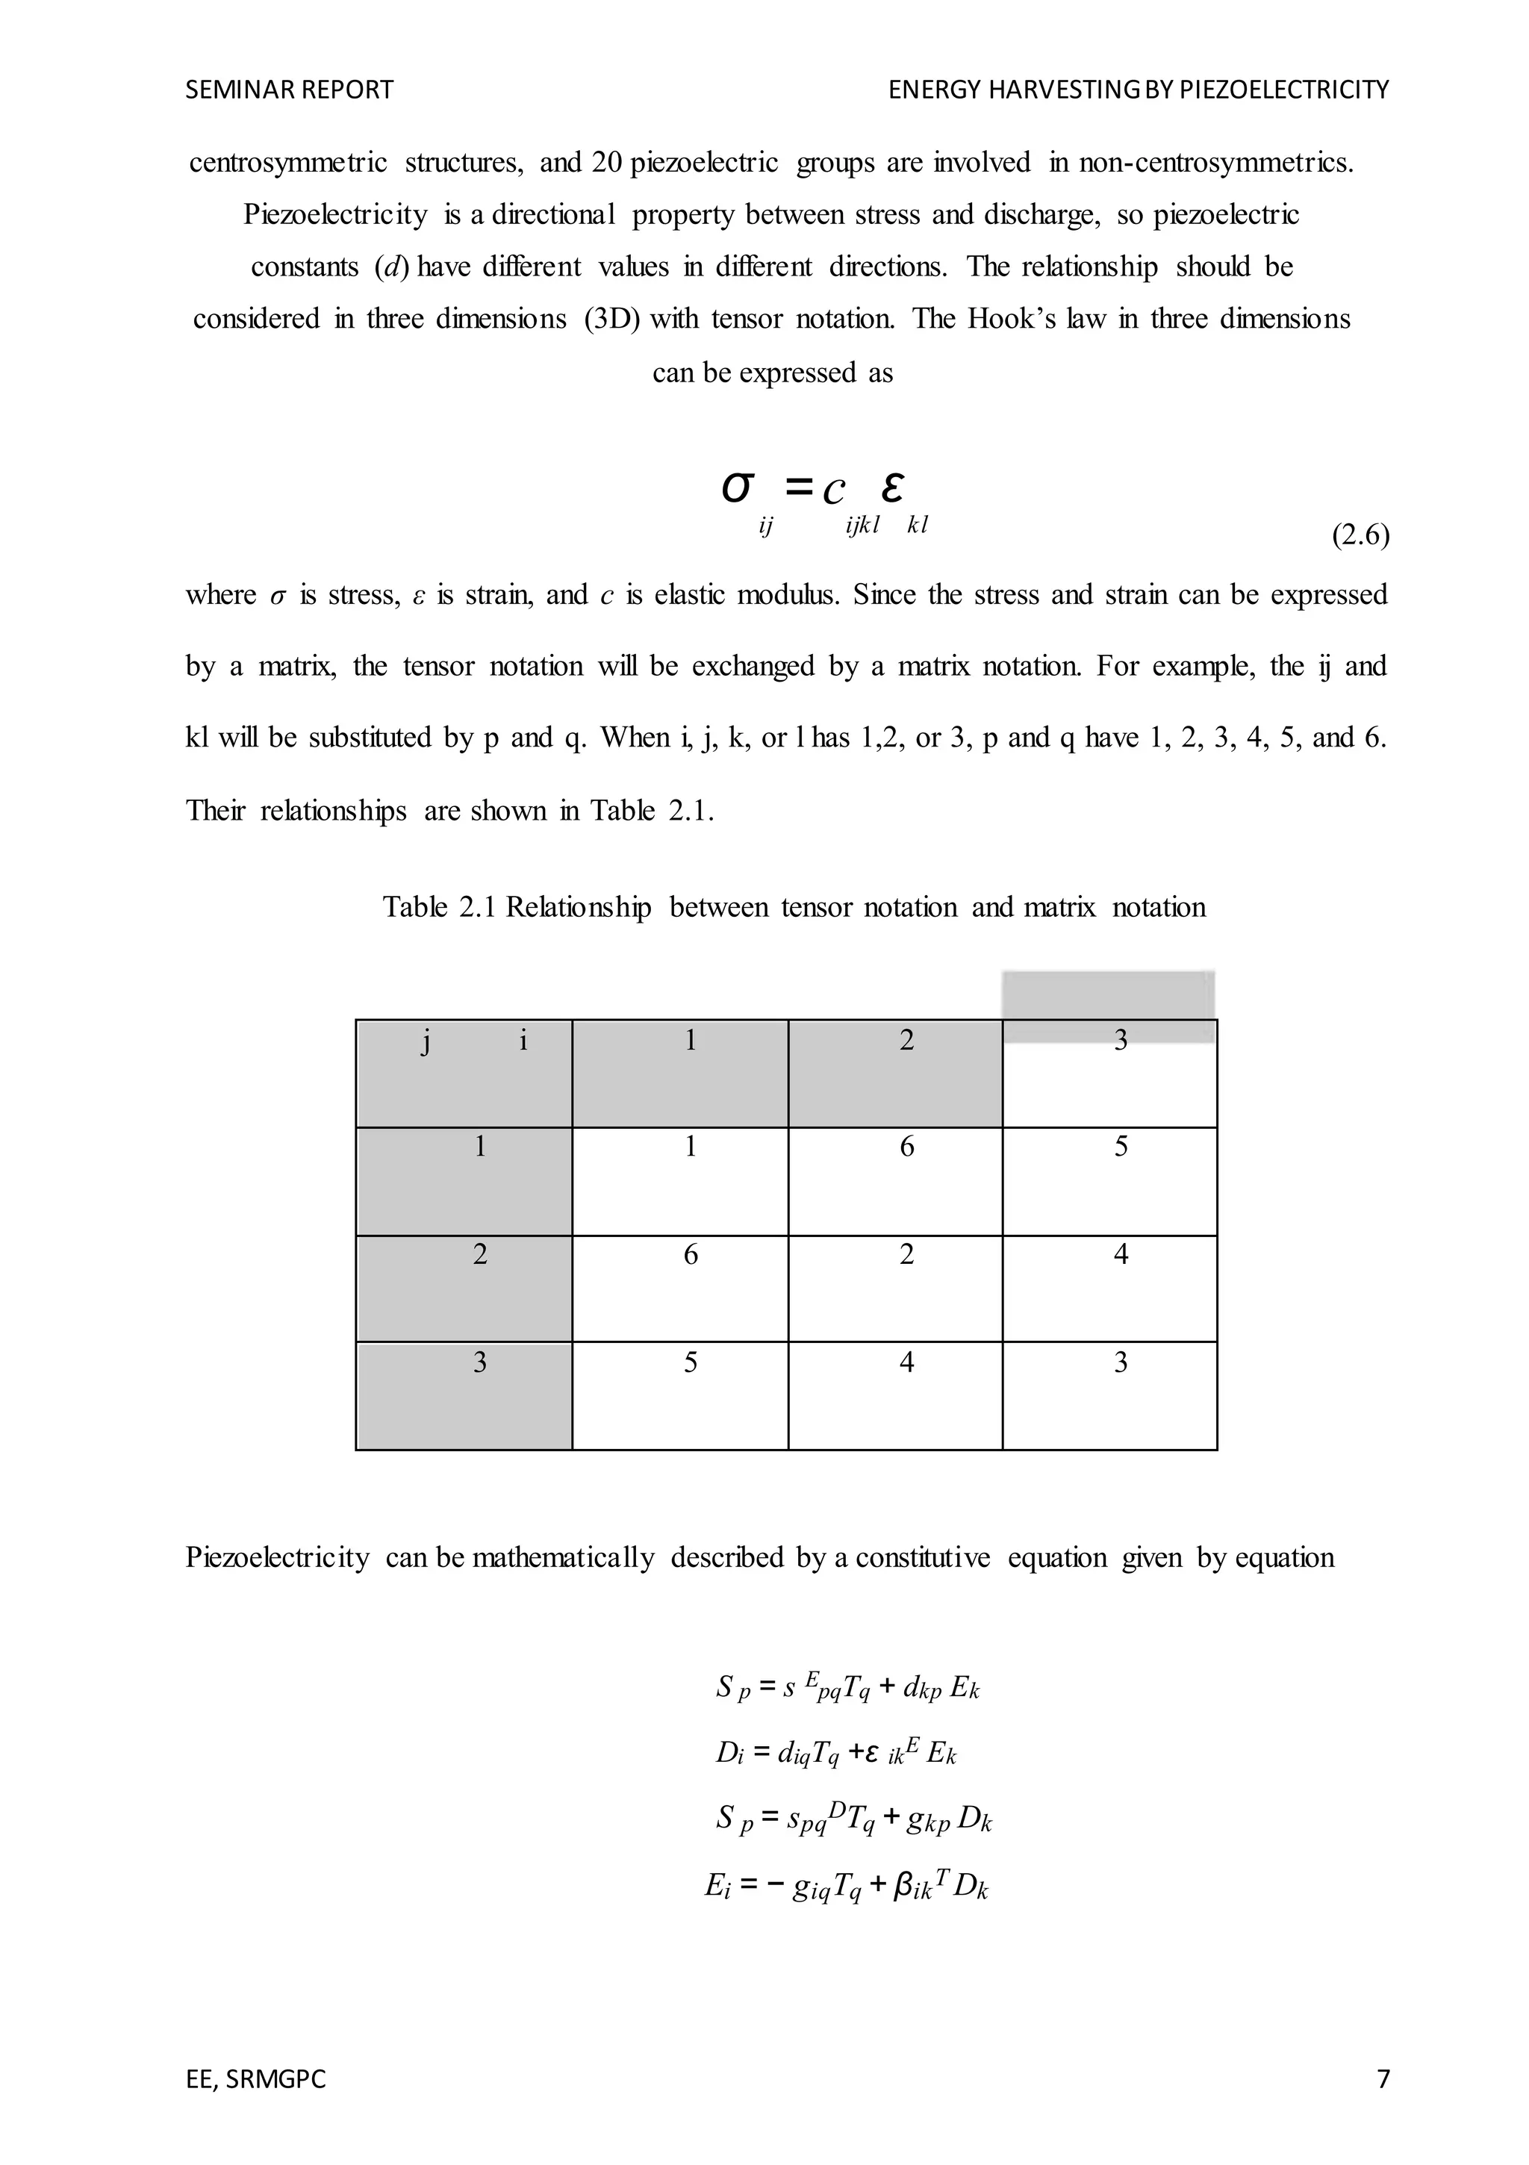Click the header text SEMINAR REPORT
(x=289, y=90)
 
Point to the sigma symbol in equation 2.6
(x=737, y=487)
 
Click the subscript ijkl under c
(x=862, y=526)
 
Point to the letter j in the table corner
(x=426, y=1042)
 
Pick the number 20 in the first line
(x=606, y=163)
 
